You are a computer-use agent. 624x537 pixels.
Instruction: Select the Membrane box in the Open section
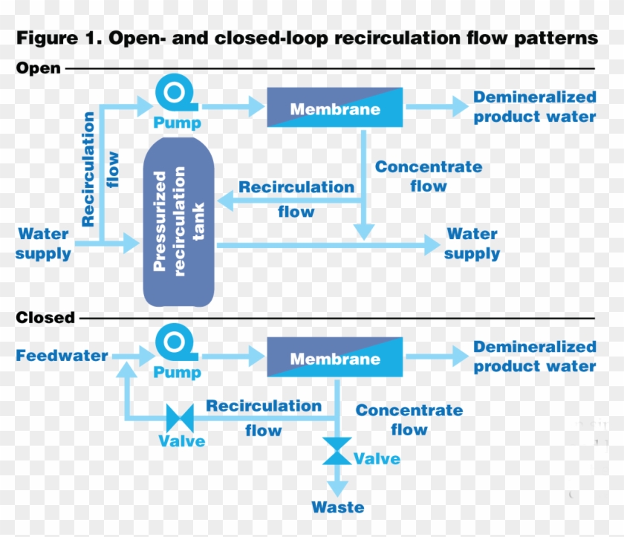pyautogui.click(x=334, y=108)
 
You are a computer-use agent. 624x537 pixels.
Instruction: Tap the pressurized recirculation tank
pyautogui.click(x=178, y=221)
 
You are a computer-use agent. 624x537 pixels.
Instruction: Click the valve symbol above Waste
pyautogui.click(x=337, y=451)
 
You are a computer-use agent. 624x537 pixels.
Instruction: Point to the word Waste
pyautogui.click(x=338, y=508)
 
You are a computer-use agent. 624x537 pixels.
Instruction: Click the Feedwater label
pyautogui.click(x=62, y=356)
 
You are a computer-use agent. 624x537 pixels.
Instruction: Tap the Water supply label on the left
pyautogui.click(x=44, y=244)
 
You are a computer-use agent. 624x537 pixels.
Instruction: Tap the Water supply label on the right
pyautogui.click(x=472, y=244)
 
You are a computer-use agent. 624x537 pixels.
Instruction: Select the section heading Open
pyautogui.click(x=38, y=68)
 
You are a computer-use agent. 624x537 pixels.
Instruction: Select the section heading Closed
pyautogui.click(x=45, y=318)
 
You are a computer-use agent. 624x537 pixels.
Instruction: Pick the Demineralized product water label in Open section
pyautogui.click(x=535, y=107)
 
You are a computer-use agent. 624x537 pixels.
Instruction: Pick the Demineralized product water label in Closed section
pyautogui.click(x=535, y=357)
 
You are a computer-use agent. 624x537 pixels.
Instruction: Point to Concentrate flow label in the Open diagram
pyautogui.click(x=429, y=177)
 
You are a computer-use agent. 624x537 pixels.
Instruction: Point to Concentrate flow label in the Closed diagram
pyautogui.click(x=409, y=420)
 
